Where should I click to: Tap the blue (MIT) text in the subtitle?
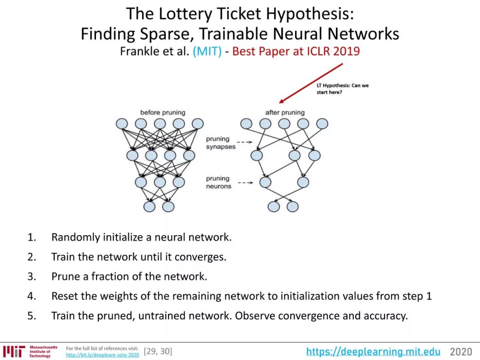pos(207,51)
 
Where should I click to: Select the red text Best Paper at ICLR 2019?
pos(296,51)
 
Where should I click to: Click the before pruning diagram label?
pos(163,112)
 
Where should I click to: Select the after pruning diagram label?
pos(285,112)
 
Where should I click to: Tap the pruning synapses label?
pos(220,143)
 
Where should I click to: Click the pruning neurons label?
pos(219,183)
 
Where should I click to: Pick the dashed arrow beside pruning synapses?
pos(244,143)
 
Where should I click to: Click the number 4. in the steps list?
pos(32,296)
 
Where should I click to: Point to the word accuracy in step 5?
pos(385,316)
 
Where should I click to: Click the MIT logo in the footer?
pos(14,351)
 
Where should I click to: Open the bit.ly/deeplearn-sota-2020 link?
pos(102,355)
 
